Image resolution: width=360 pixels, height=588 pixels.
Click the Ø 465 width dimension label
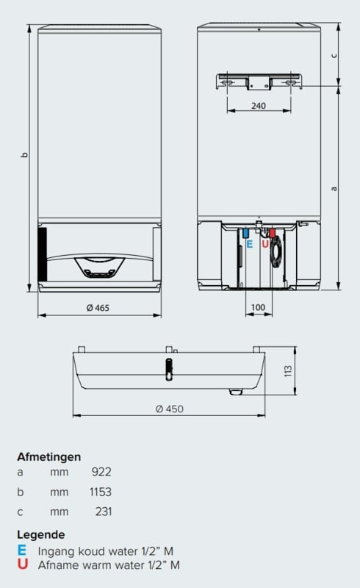click(98, 308)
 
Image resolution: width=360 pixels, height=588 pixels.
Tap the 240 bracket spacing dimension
click(259, 106)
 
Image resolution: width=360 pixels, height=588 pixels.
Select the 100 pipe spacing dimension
click(258, 307)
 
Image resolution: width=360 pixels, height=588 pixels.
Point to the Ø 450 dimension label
click(170, 409)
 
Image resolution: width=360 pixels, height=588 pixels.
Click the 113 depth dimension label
click(288, 371)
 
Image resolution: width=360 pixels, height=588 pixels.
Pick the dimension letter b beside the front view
click(25, 154)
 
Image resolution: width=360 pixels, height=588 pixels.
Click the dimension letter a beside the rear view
click(334, 189)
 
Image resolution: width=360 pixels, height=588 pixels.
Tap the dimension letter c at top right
click(334, 56)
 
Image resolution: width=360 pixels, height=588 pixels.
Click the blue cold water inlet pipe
click(245, 233)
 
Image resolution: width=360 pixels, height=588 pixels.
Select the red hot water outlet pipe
click(273, 233)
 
